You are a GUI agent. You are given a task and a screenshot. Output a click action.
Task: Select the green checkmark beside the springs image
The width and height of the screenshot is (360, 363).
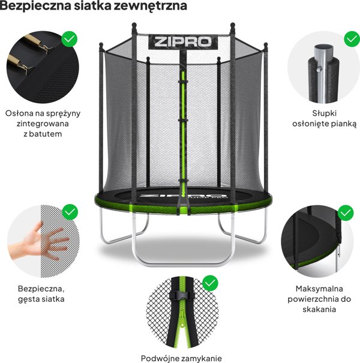pyautogui.click(x=70, y=40)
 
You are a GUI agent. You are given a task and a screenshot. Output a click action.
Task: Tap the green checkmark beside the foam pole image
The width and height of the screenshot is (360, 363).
pyautogui.click(x=352, y=40)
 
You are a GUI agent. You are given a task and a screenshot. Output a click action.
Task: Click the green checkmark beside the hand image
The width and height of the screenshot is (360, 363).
pyautogui.click(x=70, y=212)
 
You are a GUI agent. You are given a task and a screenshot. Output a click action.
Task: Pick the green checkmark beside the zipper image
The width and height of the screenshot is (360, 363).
pyautogui.click(x=210, y=282)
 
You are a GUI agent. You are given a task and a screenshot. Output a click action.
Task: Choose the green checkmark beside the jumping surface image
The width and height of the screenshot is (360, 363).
pyautogui.click(x=346, y=212)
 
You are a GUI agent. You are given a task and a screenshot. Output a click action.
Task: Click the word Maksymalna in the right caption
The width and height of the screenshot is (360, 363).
pyautogui.click(x=324, y=288)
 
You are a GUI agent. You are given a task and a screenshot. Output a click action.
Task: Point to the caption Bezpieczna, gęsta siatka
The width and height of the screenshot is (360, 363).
pyautogui.click(x=41, y=293)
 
